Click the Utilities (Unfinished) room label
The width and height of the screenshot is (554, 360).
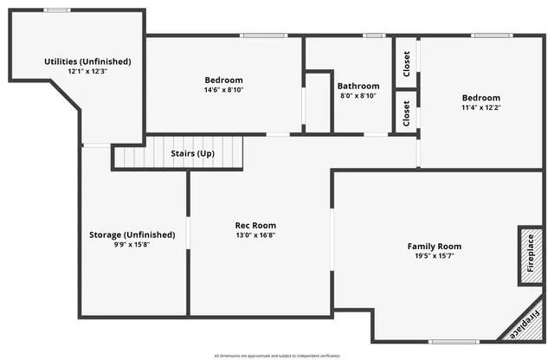click(87, 61)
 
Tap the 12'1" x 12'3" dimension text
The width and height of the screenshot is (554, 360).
click(87, 72)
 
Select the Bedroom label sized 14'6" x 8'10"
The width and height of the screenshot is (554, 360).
click(223, 80)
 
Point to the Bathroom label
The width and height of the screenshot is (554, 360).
click(358, 86)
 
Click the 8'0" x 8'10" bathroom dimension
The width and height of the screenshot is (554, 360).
click(358, 96)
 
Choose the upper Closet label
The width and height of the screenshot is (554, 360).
click(407, 61)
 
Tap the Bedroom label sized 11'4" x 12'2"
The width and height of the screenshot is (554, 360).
click(480, 98)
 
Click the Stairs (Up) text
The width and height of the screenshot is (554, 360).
click(192, 153)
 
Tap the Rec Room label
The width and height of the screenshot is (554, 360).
click(255, 225)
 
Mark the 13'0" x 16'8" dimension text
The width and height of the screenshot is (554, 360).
click(255, 235)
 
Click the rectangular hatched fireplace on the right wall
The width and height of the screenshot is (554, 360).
click(530, 256)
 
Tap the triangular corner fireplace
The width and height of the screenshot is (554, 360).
click(528, 327)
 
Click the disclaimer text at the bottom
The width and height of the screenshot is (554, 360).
click(277, 355)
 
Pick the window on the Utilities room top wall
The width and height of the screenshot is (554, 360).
click(57, 10)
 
